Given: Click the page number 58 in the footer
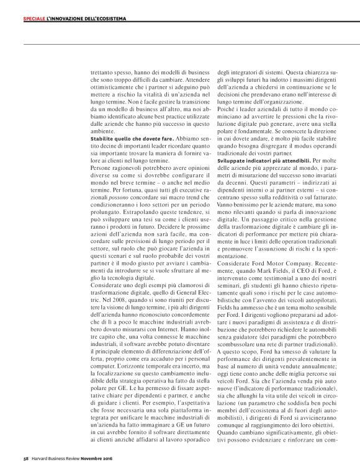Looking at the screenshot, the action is [19, 459].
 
